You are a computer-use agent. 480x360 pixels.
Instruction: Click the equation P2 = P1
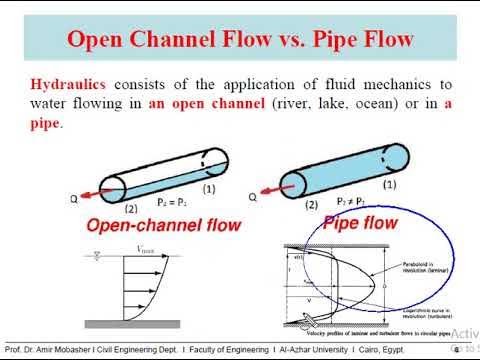coord(171,201)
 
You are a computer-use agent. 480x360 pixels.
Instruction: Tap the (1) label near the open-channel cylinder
coord(210,188)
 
